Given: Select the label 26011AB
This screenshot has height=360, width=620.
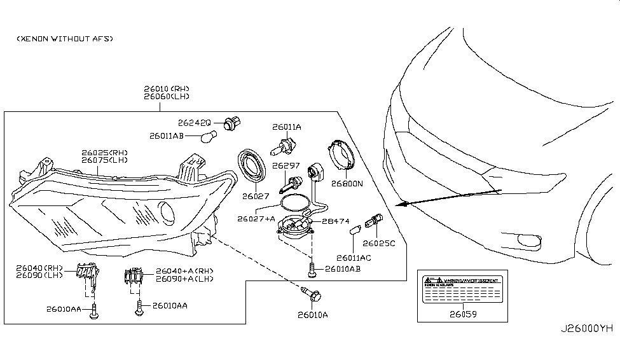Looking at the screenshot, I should (167, 135).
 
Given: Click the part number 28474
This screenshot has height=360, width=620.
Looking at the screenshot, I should (334, 221).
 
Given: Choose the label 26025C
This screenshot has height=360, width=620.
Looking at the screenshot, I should (379, 243).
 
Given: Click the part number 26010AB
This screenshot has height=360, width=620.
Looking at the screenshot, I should (343, 269).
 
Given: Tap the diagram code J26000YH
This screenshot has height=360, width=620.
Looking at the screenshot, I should (586, 329).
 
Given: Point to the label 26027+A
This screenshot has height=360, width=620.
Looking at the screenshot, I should (256, 219).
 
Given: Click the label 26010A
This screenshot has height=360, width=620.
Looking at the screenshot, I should (313, 314).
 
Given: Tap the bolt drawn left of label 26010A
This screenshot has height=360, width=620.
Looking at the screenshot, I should (312, 294).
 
